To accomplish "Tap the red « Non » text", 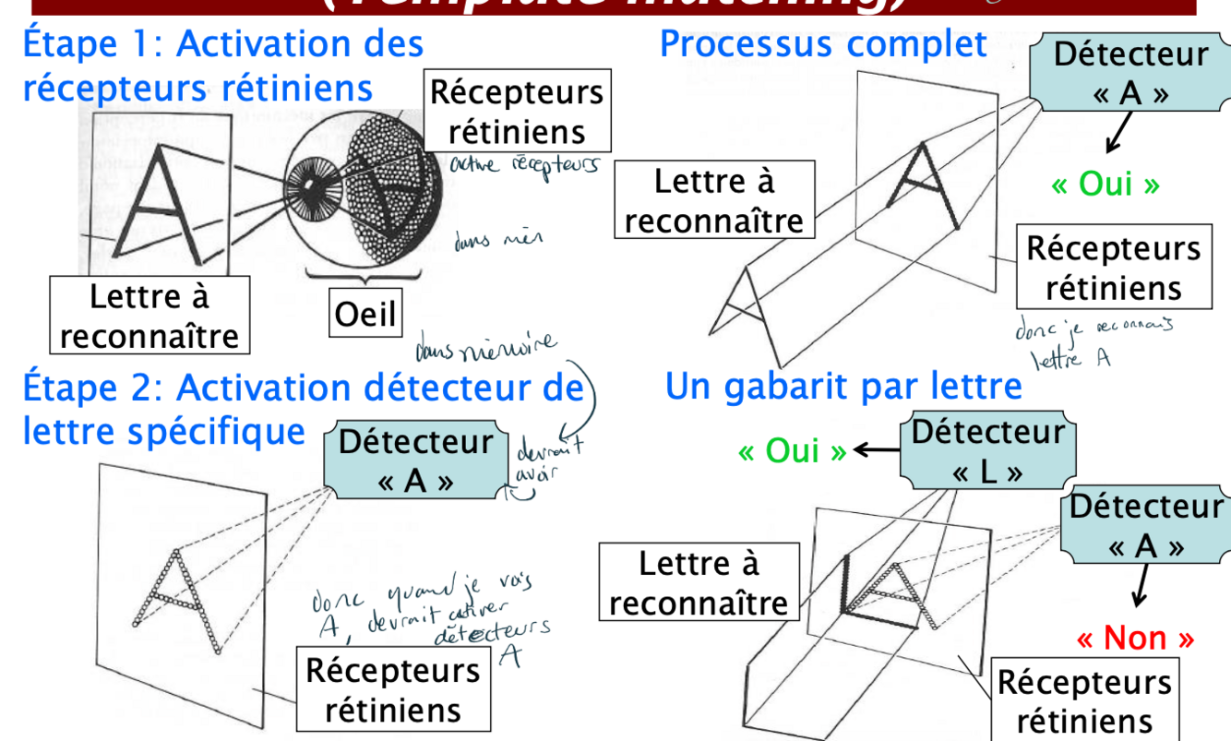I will point(1135,639).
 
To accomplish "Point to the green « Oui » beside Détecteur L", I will point(793,452).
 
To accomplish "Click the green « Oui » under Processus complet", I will point(1106,184).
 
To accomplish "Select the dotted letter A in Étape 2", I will point(178,600).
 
